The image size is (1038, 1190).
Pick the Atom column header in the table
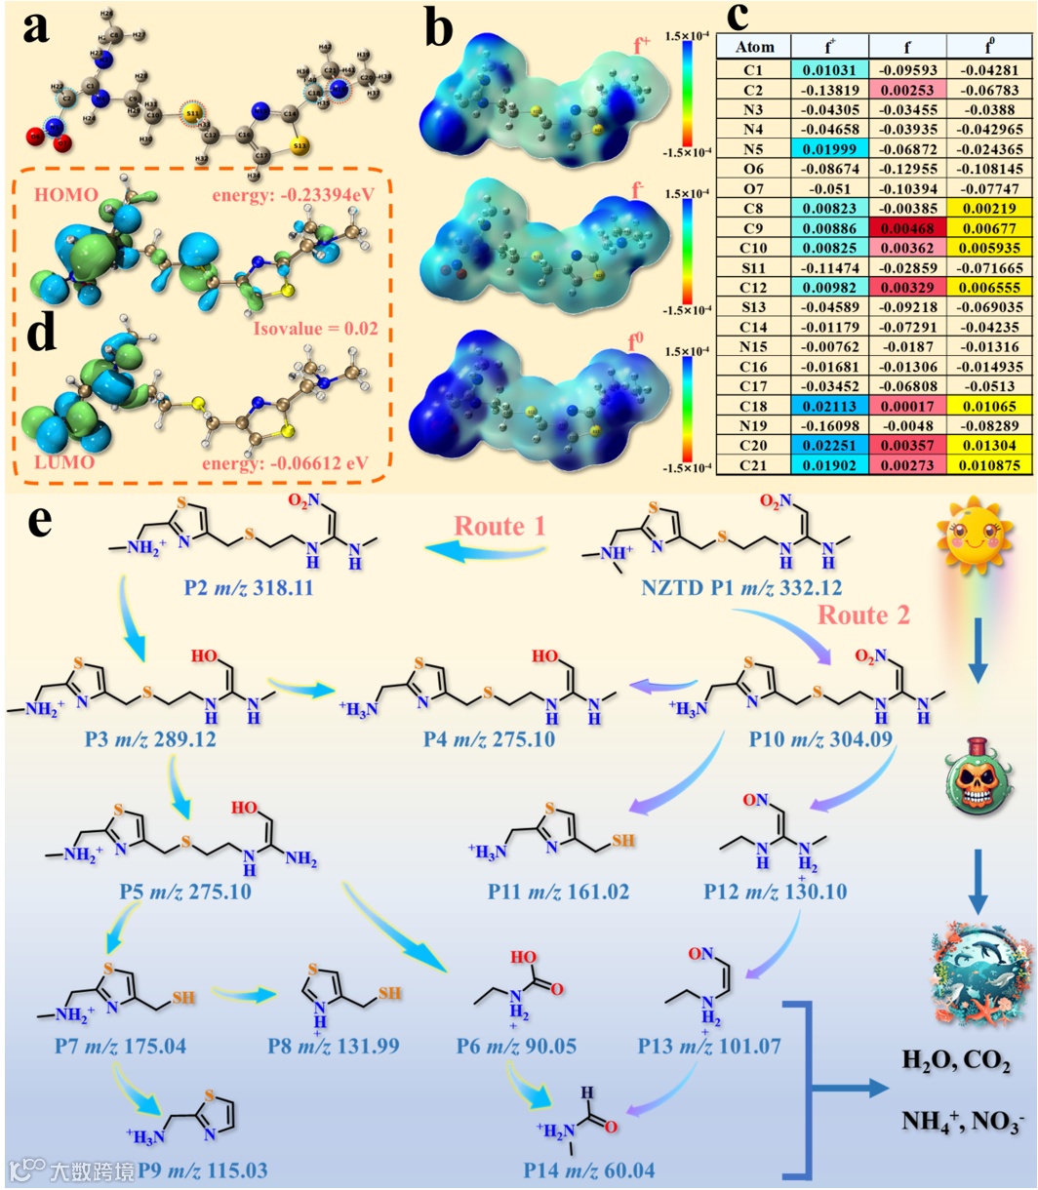(x=755, y=47)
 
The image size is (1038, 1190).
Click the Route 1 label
(x=497, y=527)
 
